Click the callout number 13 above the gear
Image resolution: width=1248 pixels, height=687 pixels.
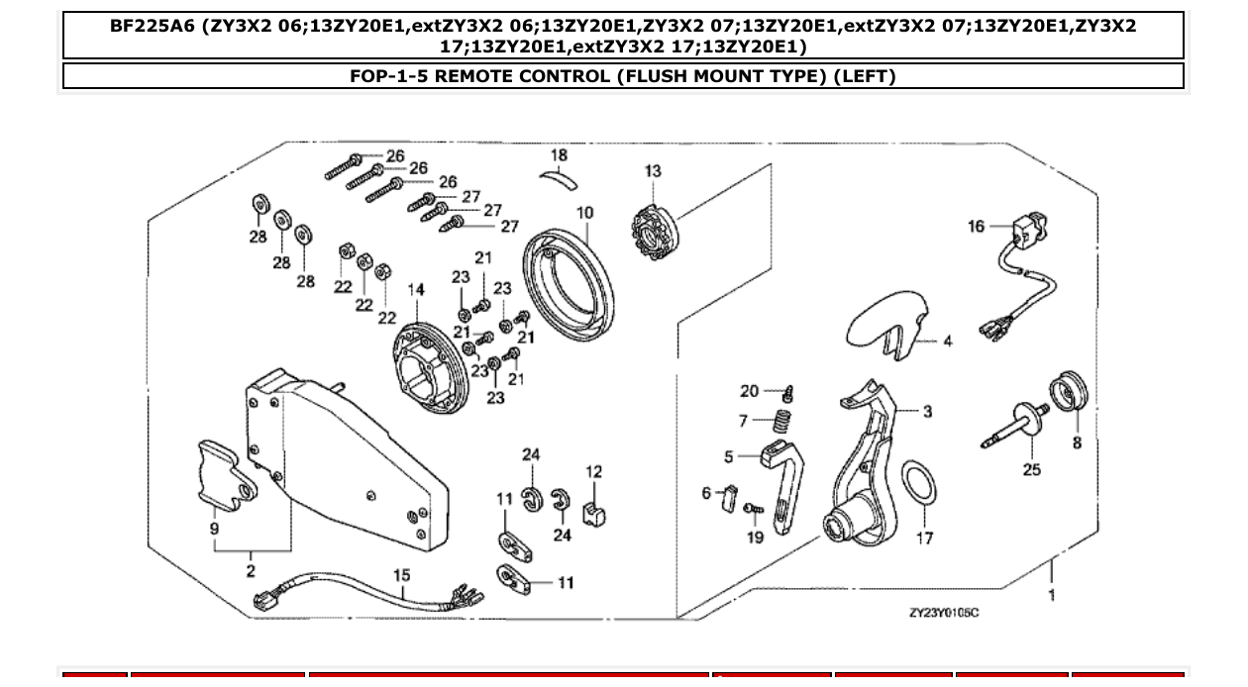(653, 171)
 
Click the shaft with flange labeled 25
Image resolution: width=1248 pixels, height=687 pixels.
(1021, 420)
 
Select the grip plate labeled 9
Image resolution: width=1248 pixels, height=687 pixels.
(223, 472)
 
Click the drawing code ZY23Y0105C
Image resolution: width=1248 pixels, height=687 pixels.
(943, 613)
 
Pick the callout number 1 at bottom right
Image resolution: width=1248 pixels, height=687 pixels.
(1051, 595)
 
